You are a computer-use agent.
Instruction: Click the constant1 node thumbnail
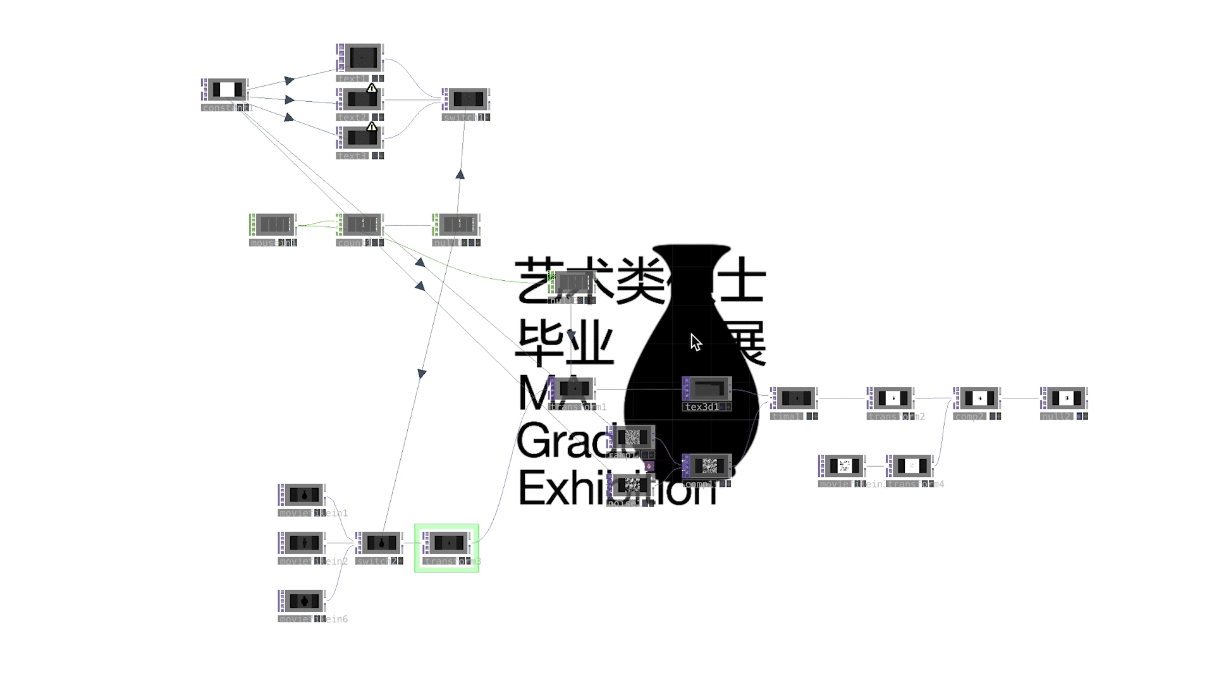pos(226,90)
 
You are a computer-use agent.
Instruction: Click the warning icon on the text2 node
pos(372,88)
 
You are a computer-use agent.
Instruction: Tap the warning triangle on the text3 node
pos(372,126)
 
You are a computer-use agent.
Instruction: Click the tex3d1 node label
pos(701,407)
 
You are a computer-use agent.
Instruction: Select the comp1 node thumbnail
pos(708,466)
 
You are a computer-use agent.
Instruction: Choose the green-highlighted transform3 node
pos(448,543)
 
